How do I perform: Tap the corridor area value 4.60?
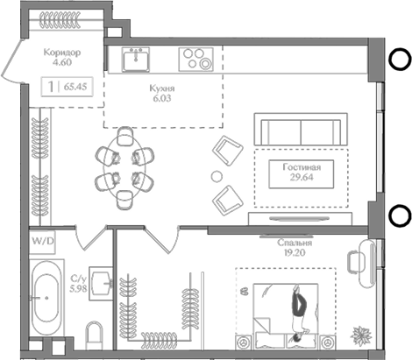pyautogui.click(x=61, y=62)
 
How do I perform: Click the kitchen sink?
pyautogui.click(x=136, y=59)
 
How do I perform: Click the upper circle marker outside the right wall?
pyautogui.click(x=399, y=60)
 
